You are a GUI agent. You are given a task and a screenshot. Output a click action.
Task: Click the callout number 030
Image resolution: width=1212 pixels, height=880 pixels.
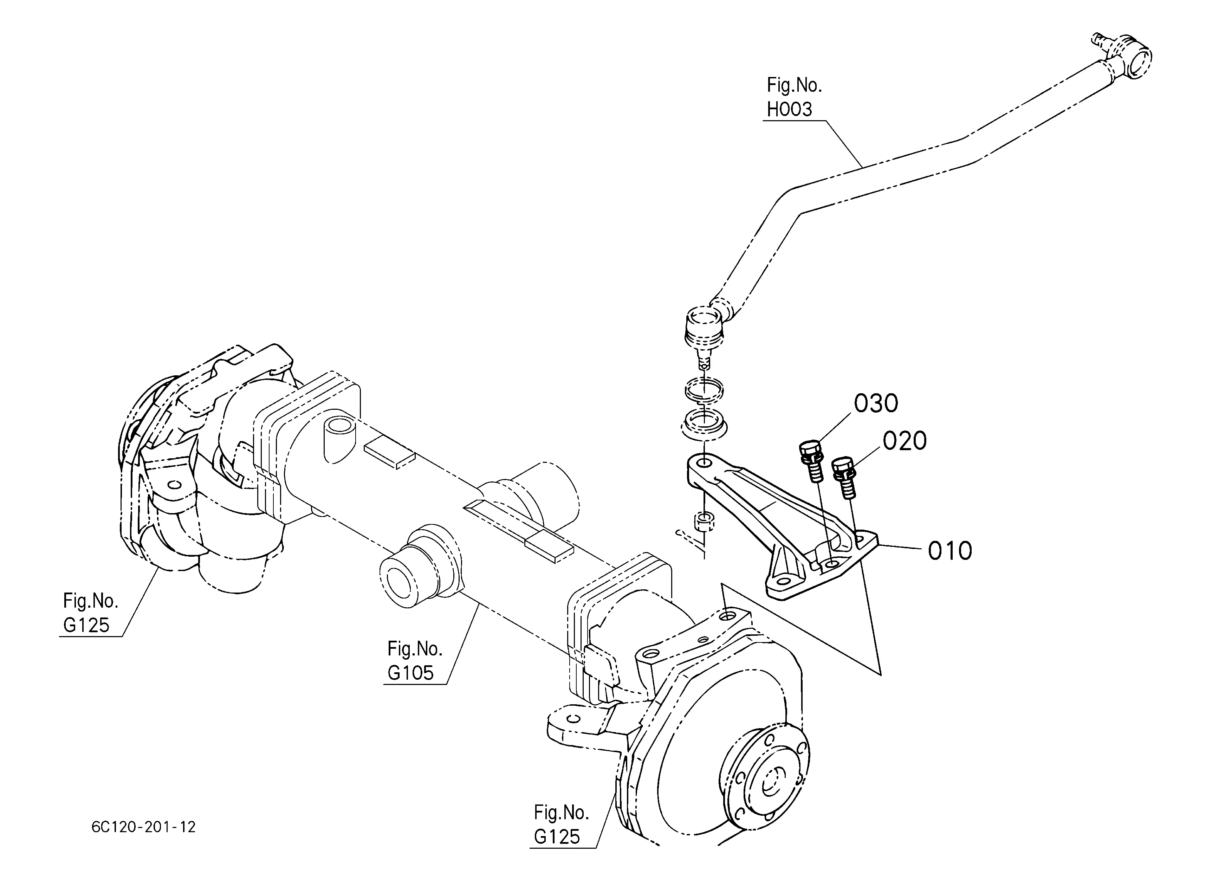(x=875, y=404)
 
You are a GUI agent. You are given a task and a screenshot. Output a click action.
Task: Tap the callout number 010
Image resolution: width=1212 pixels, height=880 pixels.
(x=949, y=551)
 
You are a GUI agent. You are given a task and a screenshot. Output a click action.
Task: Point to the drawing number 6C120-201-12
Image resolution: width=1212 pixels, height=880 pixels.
(x=143, y=828)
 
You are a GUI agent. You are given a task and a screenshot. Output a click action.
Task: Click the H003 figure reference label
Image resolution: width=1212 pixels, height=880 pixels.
(x=789, y=109)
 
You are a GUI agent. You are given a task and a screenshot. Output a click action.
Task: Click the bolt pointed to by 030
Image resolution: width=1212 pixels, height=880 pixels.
(x=811, y=461)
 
